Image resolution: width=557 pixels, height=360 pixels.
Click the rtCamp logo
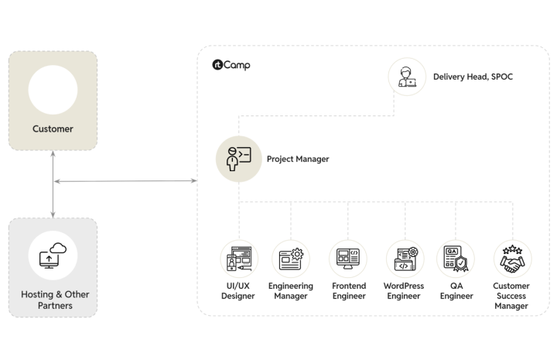tap(231, 65)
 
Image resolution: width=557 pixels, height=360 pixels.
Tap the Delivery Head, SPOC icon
tap(407, 77)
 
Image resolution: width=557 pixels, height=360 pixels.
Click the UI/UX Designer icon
tap(238, 259)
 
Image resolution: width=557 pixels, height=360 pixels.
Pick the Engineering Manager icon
tap(291, 259)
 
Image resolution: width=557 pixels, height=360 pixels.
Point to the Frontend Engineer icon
tap(348, 259)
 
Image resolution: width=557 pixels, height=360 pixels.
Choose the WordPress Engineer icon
tap(405, 259)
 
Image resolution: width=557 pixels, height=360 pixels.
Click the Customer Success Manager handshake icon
tap(511, 259)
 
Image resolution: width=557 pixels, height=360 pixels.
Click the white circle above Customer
tap(53, 91)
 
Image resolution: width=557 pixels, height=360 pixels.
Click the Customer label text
tap(53, 129)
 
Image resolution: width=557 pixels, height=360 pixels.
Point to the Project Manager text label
tap(298, 159)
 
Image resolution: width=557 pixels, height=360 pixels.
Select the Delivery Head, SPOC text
tap(473, 77)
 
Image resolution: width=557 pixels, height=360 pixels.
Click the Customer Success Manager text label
tap(511, 296)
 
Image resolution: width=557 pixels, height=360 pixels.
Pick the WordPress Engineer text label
tap(404, 291)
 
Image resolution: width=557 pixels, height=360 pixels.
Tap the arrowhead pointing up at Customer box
tap(53, 154)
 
